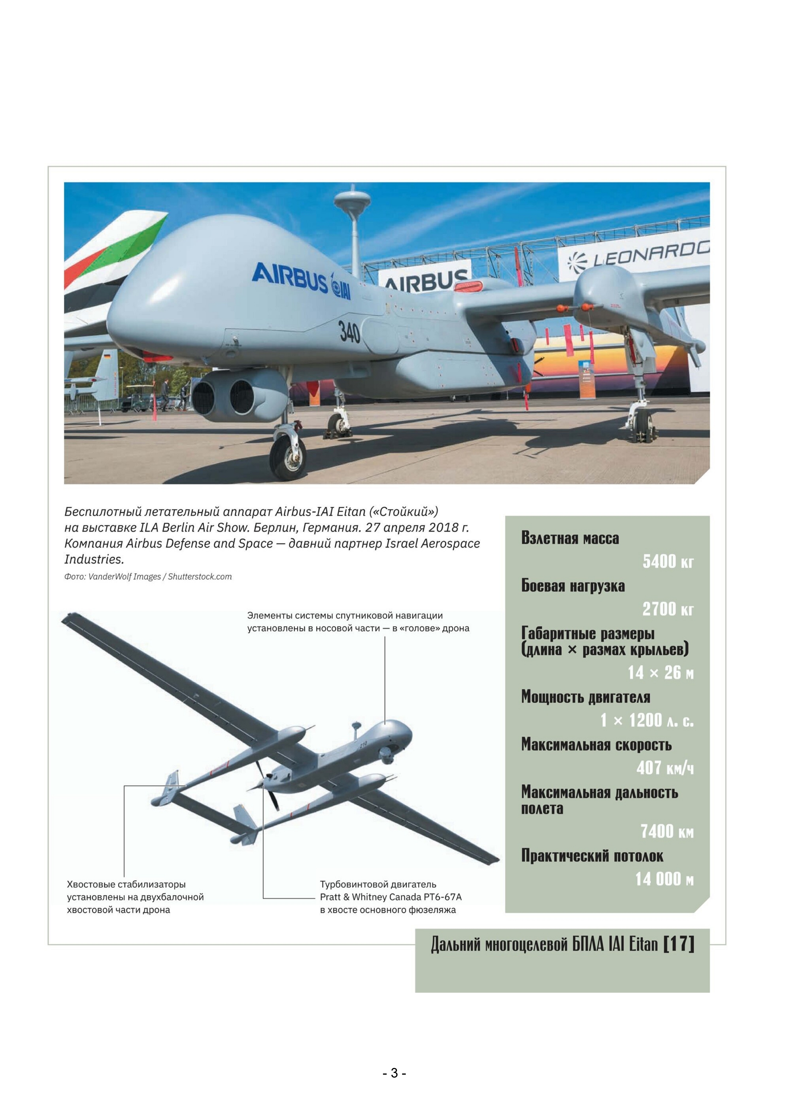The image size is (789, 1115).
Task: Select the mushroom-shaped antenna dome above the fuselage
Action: coord(352,199)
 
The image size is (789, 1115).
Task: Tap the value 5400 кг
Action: coord(668,562)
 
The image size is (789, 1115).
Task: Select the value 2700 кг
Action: coord(668,609)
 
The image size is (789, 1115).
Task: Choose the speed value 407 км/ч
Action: coord(665,768)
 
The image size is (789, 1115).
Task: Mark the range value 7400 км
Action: coord(667,831)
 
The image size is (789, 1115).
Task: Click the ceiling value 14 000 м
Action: coord(664,879)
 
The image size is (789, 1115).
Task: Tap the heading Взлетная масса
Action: coord(570,538)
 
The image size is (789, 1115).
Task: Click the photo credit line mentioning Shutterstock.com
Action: coord(148,577)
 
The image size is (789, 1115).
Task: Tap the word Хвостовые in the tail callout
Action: coord(92,884)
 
